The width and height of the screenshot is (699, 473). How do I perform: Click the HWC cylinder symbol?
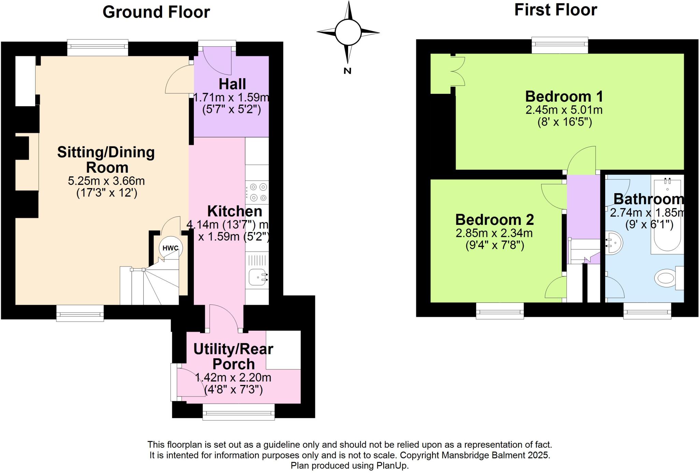(x=170, y=248)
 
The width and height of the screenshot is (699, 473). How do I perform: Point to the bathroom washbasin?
(x=614, y=243)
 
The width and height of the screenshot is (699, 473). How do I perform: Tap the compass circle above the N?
(x=348, y=32)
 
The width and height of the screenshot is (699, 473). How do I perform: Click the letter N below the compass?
(x=347, y=71)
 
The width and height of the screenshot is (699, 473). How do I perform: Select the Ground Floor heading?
(x=156, y=12)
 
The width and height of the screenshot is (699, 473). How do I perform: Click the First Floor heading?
(x=555, y=10)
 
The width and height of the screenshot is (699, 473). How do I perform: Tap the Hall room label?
(x=232, y=84)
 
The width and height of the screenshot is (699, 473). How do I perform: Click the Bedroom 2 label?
(x=494, y=219)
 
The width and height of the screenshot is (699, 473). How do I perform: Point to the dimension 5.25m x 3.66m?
(x=106, y=181)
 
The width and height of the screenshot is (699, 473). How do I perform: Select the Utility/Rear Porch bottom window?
(x=239, y=412)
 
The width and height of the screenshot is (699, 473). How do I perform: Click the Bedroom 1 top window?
(x=560, y=45)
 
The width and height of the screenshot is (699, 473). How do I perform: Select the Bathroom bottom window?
(x=647, y=311)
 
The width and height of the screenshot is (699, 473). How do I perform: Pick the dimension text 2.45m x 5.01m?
(x=564, y=110)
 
